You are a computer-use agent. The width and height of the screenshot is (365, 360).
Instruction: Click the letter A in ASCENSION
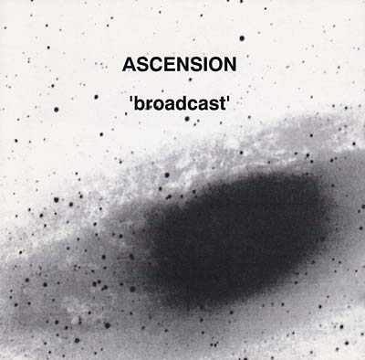[x=130, y=66]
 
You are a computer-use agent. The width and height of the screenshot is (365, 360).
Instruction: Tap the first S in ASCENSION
[x=142, y=66]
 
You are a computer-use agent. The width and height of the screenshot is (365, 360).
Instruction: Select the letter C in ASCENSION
[x=155, y=66]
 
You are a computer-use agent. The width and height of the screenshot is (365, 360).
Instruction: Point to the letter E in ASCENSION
[x=168, y=66]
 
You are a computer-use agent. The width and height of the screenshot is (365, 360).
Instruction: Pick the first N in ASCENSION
[x=181, y=66]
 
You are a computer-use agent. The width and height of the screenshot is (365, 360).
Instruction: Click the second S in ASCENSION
[x=193, y=66]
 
